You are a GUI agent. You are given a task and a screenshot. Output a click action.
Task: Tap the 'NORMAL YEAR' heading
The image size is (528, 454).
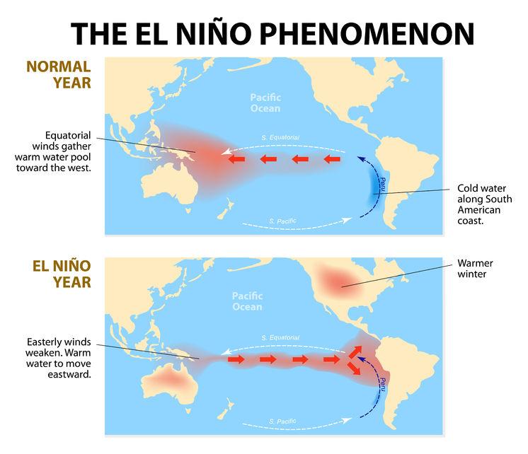(59, 74)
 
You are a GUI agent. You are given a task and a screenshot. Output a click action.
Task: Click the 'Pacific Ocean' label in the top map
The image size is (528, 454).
(265, 103)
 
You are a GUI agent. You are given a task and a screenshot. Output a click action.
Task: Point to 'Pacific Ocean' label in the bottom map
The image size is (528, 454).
(248, 301)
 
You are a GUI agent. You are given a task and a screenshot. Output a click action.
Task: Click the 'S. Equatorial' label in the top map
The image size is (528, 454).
(282, 136)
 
